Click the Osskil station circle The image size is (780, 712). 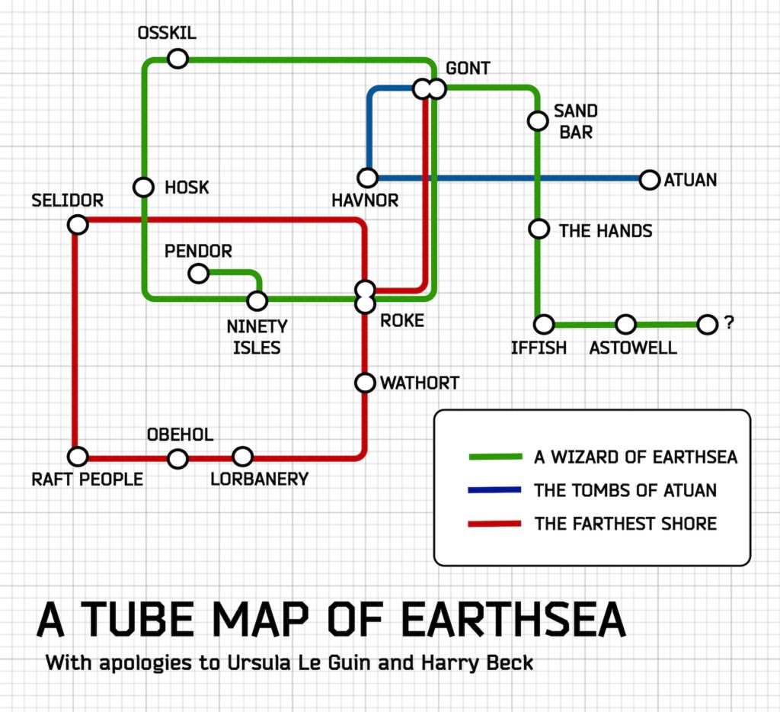177,58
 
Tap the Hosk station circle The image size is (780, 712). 143,188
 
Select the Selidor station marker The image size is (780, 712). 78,225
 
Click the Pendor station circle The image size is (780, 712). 199,274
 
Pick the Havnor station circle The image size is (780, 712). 368,178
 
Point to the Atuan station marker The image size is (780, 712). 649,180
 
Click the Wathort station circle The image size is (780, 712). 365,383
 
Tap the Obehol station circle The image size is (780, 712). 177,459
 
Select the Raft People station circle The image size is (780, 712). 78,456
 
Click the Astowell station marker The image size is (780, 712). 626,325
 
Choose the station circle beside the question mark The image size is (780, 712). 707,325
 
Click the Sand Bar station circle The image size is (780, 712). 538,120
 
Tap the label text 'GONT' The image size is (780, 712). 468,68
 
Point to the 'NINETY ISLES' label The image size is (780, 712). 257,337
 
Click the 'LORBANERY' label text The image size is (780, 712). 259,479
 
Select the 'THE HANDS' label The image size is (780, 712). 606,231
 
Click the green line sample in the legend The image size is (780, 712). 495,457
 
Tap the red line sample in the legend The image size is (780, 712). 494,523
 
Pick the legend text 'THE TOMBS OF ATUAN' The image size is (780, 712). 625,490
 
